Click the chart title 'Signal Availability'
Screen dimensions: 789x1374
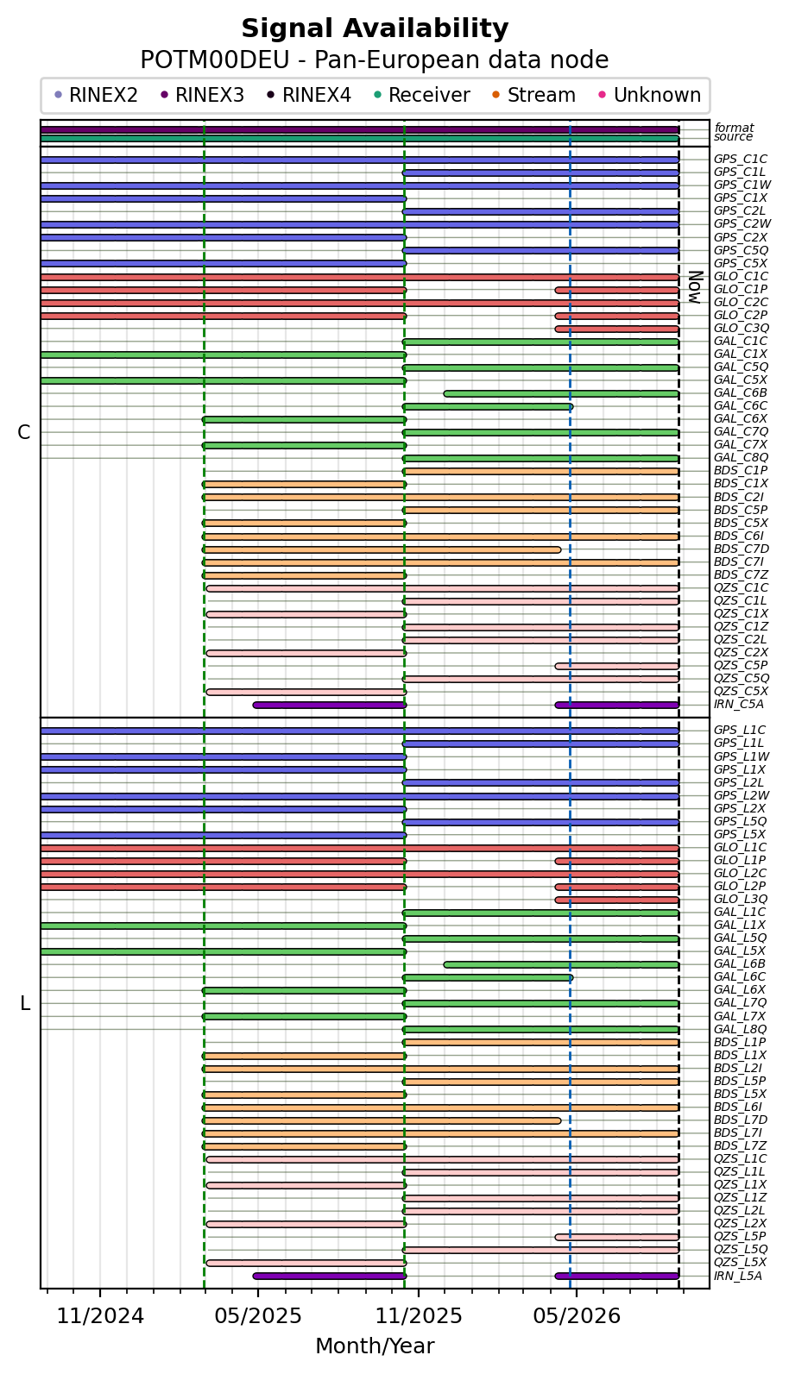pos(375,28)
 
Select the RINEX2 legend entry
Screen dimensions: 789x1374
pos(96,95)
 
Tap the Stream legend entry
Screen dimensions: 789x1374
pos(533,95)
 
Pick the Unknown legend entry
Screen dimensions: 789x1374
pos(650,95)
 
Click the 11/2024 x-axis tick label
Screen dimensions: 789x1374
pos(100,1315)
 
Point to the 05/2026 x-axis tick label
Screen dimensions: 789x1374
pos(577,1315)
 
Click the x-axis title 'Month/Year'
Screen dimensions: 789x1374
pos(375,1346)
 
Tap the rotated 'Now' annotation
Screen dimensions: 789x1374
pos(694,287)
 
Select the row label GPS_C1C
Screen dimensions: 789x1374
pos(741,160)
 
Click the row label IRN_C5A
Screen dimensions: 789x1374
pos(739,704)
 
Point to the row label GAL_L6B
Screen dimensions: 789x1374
pos(740,963)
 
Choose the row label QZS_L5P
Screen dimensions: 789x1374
pos(740,1236)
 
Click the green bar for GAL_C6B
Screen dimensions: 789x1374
pos(561,394)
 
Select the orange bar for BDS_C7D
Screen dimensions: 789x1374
pos(382,549)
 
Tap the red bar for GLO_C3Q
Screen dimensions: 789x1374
pos(617,329)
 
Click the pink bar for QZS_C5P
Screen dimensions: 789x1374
pos(617,666)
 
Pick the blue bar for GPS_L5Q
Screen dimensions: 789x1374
pos(541,822)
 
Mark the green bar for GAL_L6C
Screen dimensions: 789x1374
pos(488,978)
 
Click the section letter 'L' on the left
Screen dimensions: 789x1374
pos(25,1003)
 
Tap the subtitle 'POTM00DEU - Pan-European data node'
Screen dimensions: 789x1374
pos(375,60)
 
